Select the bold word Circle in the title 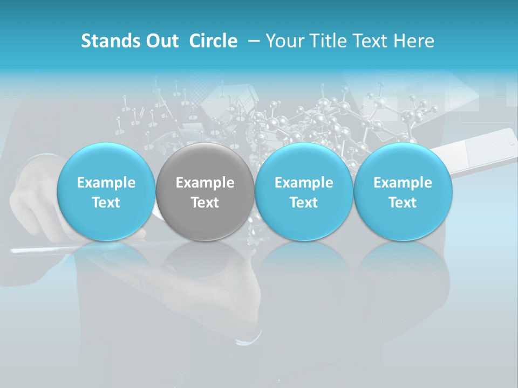213,41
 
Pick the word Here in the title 414,41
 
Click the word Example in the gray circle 205,183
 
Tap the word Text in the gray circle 205,203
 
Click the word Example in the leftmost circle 106,183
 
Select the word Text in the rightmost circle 403,203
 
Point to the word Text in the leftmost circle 106,203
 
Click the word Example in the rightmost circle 403,183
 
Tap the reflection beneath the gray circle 205,264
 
